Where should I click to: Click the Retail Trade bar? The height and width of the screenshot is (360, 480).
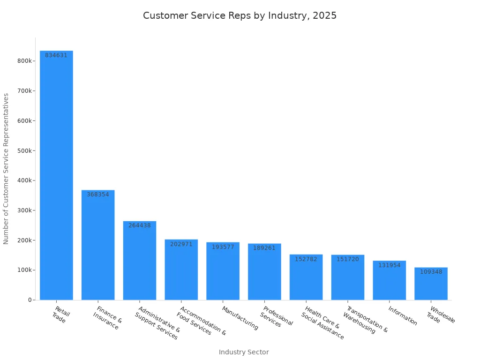click(56, 175)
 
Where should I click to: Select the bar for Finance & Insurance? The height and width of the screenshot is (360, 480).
click(98, 245)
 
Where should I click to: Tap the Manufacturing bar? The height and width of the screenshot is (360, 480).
click(223, 271)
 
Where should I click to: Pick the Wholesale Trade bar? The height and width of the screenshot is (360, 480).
click(431, 284)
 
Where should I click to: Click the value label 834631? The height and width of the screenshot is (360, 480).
click(56, 55)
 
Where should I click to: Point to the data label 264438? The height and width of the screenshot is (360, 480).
click(140, 225)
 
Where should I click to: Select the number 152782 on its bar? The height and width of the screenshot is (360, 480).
click(306, 259)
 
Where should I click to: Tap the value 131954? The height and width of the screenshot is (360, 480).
click(390, 265)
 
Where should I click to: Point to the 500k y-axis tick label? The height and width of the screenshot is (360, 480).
click(24, 151)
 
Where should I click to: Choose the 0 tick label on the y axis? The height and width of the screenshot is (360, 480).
click(30, 300)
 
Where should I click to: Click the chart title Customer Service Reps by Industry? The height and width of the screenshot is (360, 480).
click(240, 15)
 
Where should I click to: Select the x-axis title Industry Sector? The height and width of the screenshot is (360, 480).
click(244, 352)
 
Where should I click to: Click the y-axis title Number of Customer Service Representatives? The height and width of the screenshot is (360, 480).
click(6, 169)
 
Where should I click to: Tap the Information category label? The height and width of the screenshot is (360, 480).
click(403, 315)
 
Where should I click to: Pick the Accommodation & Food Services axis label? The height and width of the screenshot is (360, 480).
click(201, 321)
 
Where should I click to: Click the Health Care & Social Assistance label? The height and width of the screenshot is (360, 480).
click(322, 322)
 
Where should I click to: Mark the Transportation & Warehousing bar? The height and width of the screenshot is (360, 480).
click(348, 277)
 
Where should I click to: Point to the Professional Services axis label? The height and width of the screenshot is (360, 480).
click(277, 316)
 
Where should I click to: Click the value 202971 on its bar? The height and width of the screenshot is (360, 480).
click(181, 244)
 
